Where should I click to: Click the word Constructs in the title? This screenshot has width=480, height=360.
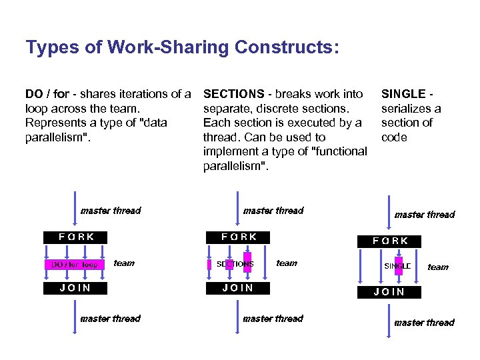pos(287,47)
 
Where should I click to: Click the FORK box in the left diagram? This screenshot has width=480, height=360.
pos(76,237)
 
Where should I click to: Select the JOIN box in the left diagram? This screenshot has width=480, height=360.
pos(75,288)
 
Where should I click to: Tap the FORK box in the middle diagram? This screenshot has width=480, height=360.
pos(239,237)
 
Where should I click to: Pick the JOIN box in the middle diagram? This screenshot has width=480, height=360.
pos(238,288)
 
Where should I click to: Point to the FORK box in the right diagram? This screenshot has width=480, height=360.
pos(391,241)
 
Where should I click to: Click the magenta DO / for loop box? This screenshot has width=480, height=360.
pos(75,265)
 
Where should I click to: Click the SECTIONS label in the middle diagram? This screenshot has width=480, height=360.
pos(235,264)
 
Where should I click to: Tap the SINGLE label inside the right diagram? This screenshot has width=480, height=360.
pos(398,266)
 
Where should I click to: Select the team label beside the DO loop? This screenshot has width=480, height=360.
pos(124,263)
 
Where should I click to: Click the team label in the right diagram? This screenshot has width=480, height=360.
pos(438,267)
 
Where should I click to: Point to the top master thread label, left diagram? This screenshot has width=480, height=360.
pos(111,211)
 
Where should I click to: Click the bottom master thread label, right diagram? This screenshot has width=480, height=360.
pos(424,323)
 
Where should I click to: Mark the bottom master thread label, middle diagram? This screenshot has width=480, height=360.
pos(273,319)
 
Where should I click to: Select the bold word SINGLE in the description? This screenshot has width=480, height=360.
pos(403,94)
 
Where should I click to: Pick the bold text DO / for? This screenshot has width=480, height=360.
pos(47,94)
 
